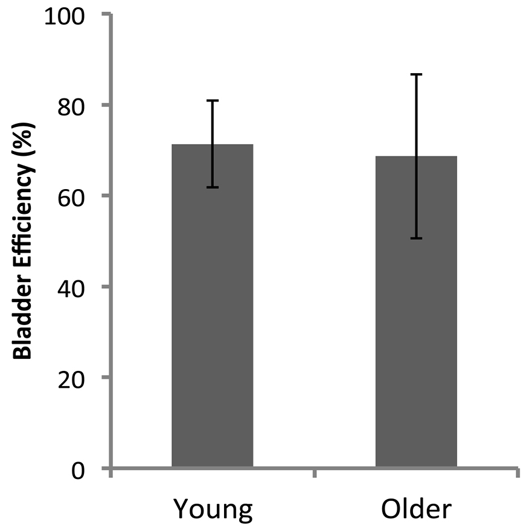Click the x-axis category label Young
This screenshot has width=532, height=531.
pyautogui.click(x=212, y=510)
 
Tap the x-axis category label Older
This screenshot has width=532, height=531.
pyautogui.click(x=416, y=510)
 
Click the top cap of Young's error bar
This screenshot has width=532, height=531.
pyautogui.click(x=212, y=100)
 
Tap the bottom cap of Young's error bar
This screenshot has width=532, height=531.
pyautogui.click(x=212, y=187)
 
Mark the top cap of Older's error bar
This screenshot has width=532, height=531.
pyautogui.click(x=416, y=74)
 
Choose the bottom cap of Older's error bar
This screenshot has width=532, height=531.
pyautogui.click(x=416, y=239)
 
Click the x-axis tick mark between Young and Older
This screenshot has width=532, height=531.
pyautogui.click(x=314, y=473)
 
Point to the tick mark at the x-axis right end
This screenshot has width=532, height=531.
pyautogui.click(x=518, y=473)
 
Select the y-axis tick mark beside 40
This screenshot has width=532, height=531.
pyautogui.click(x=106, y=286)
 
